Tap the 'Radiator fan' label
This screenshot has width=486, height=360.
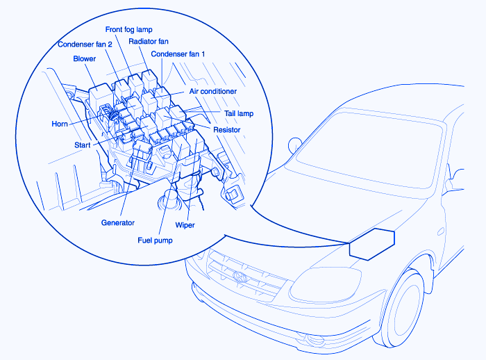coord(150,42)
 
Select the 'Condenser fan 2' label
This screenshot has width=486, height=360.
coord(85,45)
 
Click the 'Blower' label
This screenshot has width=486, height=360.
coord(85,59)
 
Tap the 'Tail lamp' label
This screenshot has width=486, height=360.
coord(238,113)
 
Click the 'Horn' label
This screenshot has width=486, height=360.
coord(60,124)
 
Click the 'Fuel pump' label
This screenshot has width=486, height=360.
coord(154,240)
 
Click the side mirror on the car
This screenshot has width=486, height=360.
coord(294,145)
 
